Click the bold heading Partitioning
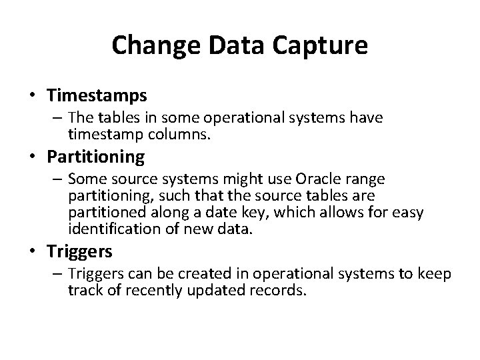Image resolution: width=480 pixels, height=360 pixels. click(x=95, y=157)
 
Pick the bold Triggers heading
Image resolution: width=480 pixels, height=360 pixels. click(x=80, y=251)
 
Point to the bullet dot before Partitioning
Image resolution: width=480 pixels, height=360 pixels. click(x=32, y=157)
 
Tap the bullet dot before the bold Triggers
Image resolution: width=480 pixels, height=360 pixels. click(x=32, y=251)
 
